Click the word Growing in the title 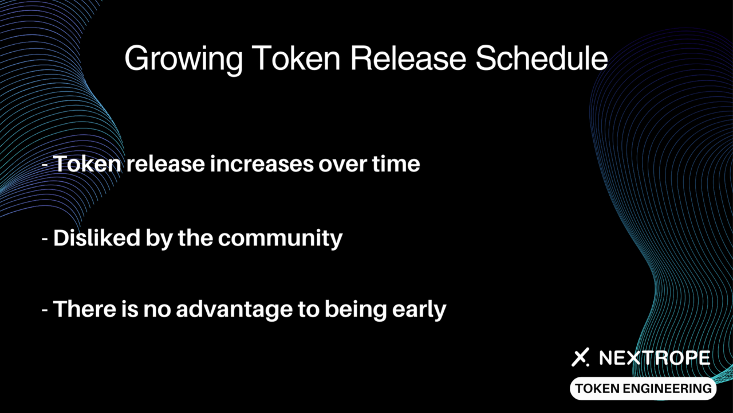pyautogui.click(x=184, y=60)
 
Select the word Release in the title pyautogui.click(x=408, y=58)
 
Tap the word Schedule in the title pyautogui.click(x=542, y=58)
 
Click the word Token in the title pyautogui.click(x=296, y=58)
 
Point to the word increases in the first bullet pyautogui.click(x=262, y=163)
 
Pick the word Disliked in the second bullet pyautogui.click(x=97, y=237)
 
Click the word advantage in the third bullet pyautogui.click(x=234, y=310)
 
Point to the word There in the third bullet pyautogui.click(x=84, y=309)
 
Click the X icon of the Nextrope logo pyautogui.click(x=580, y=357)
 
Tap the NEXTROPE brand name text pyautogui.click(x=655, y=357)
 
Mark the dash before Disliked pyautogui.click(x=45, y=239)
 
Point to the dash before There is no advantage pyautogui.click(x=45, y=310)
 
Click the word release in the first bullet pyautogui.click(x=165, y=163)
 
